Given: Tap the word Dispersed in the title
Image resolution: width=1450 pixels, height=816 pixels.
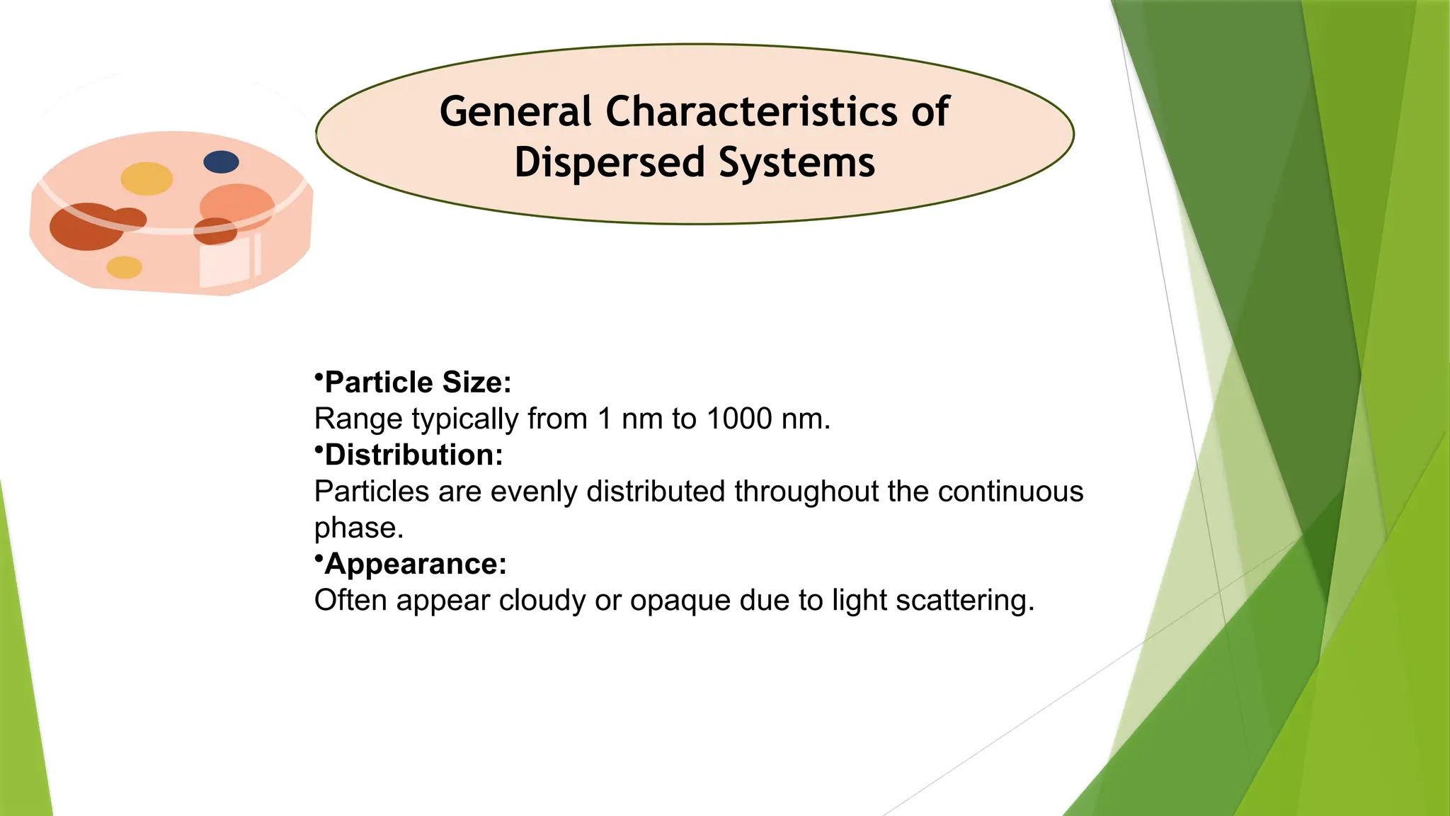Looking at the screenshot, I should pos(610,162).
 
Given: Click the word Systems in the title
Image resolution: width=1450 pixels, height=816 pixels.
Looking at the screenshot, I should pos(797,162).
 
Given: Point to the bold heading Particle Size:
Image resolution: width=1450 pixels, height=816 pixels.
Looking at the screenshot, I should pos(418,382).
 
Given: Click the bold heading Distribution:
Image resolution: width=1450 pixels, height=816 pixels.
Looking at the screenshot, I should pos(413,455).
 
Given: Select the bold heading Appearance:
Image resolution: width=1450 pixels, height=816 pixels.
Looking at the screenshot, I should pos(416,564).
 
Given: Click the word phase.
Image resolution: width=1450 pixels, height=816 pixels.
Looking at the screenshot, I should pos(358,528).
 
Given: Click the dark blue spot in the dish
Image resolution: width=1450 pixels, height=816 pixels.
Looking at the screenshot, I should pos(221,162).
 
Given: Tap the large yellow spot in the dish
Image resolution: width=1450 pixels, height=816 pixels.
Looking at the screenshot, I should pos(147,178).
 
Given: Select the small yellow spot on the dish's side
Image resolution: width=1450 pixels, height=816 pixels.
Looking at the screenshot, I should pos(124,267).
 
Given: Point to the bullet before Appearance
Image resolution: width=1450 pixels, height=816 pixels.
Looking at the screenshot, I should pos(319,557).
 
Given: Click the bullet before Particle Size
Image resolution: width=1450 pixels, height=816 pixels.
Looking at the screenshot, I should pos(319,375).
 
